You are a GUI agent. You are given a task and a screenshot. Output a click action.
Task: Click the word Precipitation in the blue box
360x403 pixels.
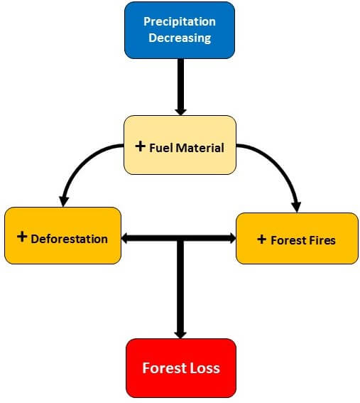180,22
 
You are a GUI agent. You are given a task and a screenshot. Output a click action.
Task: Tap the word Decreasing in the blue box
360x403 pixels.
180,38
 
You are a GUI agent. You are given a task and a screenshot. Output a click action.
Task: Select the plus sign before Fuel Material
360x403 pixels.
140,146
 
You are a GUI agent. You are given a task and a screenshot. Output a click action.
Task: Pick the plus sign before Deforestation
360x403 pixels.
22,237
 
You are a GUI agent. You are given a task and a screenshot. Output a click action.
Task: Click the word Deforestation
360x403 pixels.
69,239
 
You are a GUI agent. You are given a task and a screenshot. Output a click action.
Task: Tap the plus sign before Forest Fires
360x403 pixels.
261,240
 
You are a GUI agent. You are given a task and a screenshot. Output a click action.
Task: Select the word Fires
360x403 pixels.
322,240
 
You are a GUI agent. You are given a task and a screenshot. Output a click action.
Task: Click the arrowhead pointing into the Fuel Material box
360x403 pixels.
180,112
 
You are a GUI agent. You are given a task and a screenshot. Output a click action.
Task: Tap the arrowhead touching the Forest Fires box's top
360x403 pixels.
296,207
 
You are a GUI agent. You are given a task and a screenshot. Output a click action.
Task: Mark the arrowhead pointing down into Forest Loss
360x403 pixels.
180,335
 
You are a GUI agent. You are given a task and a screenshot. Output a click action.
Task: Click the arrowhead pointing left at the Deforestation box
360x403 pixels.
124,238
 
